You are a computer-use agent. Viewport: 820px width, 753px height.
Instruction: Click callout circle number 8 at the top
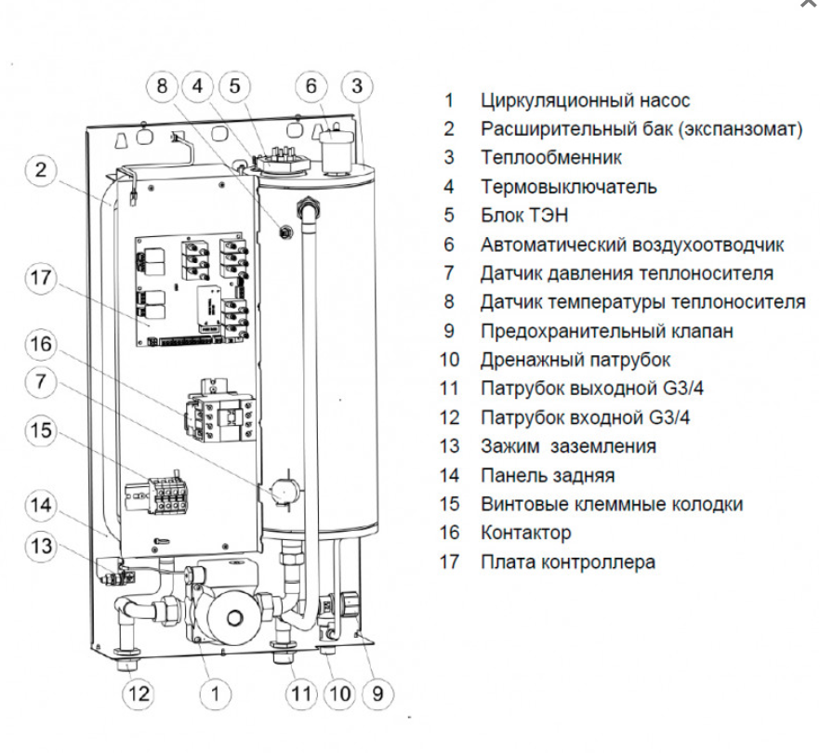click(x=164, y=86)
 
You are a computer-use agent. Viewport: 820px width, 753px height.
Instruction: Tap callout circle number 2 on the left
click(x=41, y=170)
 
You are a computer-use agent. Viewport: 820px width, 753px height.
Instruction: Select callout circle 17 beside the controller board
click(x=41, y=279)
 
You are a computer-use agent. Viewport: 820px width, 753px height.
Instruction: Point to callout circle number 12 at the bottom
click(x=139, y=693)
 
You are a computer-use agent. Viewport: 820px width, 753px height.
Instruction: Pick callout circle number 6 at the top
click(x=311, y=86)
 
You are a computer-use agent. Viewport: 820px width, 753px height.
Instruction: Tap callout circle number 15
click(x=41, y=432)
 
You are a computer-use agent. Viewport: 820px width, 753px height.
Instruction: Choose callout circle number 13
click(x=41, y=546)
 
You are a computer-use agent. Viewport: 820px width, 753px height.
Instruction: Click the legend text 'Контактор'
click(x=525, y=533)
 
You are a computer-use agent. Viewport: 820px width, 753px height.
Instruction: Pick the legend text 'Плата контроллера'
click(x=567, y=561)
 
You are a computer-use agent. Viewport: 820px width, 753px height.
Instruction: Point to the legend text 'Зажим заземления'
click(x=567, y=446)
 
